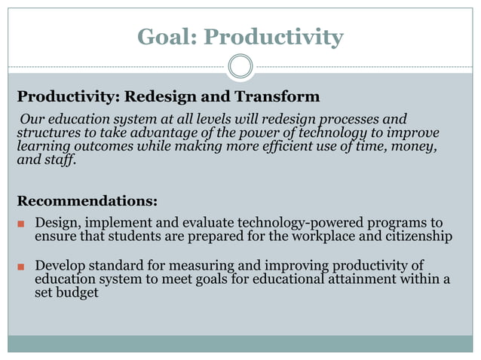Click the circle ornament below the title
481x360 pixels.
[x=240, y=66]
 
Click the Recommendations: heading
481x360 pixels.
[x=87, y=201]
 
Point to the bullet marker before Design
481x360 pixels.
[x=21, y=225]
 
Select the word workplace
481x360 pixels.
[x=328, y=236]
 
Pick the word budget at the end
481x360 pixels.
[x=78, y=293]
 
